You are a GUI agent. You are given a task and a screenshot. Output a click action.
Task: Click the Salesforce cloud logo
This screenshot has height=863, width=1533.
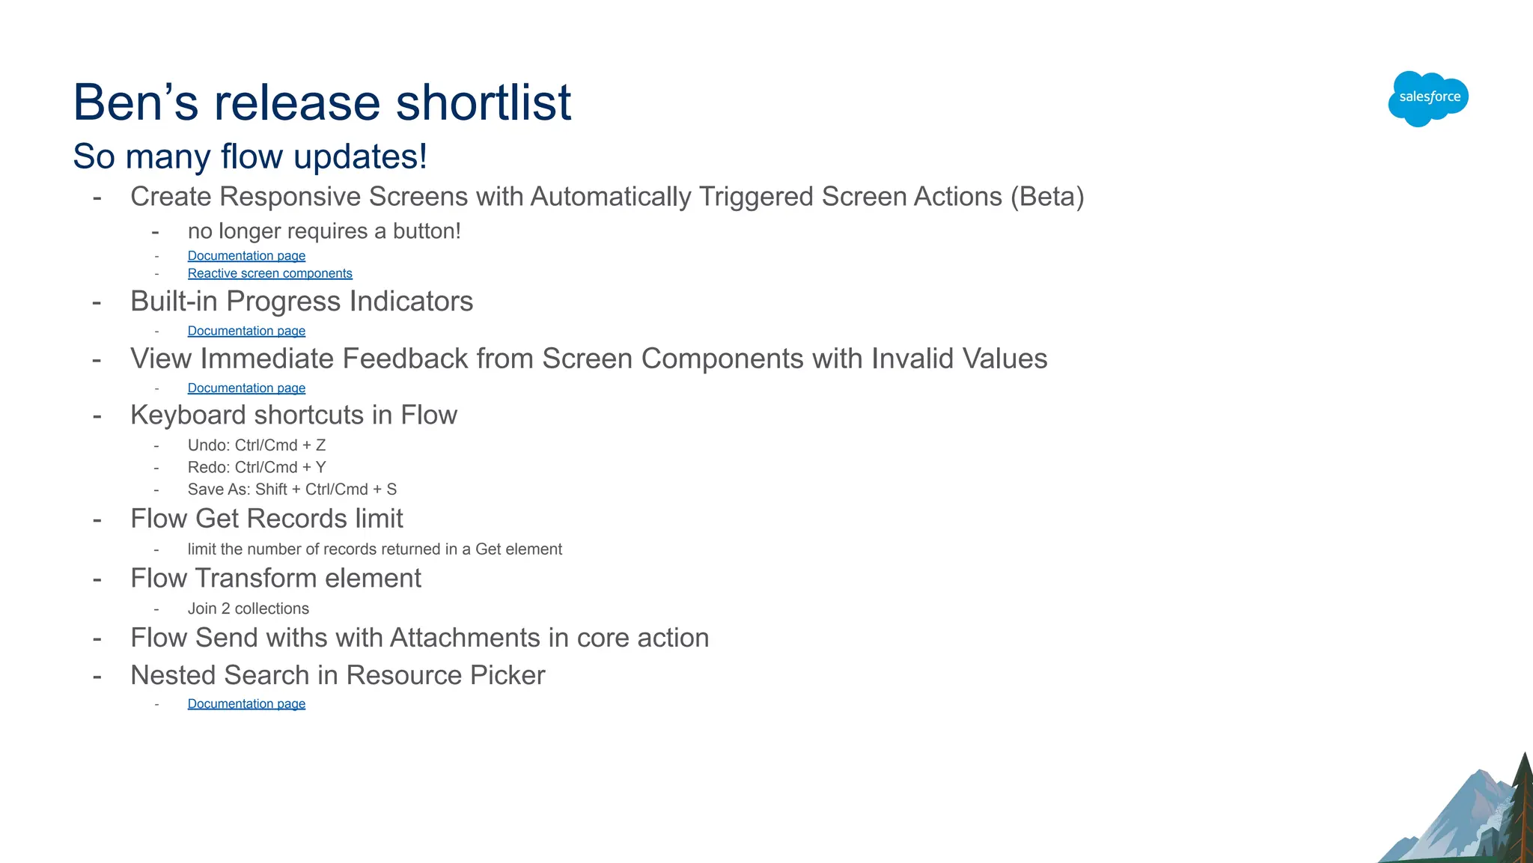1428,98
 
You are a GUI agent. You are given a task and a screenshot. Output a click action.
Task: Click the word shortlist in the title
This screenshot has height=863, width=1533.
483,103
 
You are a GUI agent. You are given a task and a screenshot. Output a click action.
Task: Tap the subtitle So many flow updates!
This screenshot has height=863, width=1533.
250,156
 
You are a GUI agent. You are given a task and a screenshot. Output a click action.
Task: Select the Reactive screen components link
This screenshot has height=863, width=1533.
269,274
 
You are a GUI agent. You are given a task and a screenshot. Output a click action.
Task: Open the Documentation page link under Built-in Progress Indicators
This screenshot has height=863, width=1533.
246,331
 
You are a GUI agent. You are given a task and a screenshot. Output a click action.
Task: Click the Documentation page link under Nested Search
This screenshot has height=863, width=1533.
246,704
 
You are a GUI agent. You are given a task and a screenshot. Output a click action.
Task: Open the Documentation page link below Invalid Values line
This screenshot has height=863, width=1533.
246,388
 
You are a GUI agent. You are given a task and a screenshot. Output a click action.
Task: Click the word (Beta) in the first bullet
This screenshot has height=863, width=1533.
1046,197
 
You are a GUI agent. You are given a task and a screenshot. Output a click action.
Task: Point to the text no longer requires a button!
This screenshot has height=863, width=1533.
323,231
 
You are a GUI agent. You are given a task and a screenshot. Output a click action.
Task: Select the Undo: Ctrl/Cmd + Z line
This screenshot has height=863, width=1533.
256,445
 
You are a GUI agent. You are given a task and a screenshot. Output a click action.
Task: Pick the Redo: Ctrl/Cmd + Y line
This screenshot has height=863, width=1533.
256,467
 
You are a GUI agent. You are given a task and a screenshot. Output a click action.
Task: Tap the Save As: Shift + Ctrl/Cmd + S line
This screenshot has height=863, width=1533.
292,490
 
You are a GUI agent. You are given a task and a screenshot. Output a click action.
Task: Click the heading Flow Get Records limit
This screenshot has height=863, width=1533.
266,519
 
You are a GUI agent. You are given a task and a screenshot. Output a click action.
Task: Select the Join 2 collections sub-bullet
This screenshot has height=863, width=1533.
248,609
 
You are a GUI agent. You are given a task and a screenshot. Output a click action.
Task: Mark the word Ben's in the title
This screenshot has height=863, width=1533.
135,103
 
